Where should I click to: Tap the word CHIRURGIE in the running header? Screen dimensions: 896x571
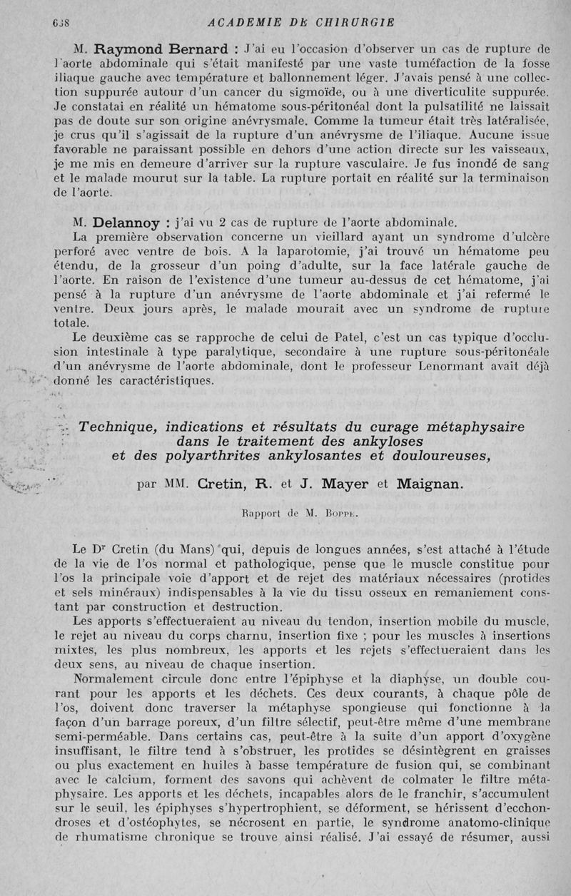[x=350, y=22]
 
